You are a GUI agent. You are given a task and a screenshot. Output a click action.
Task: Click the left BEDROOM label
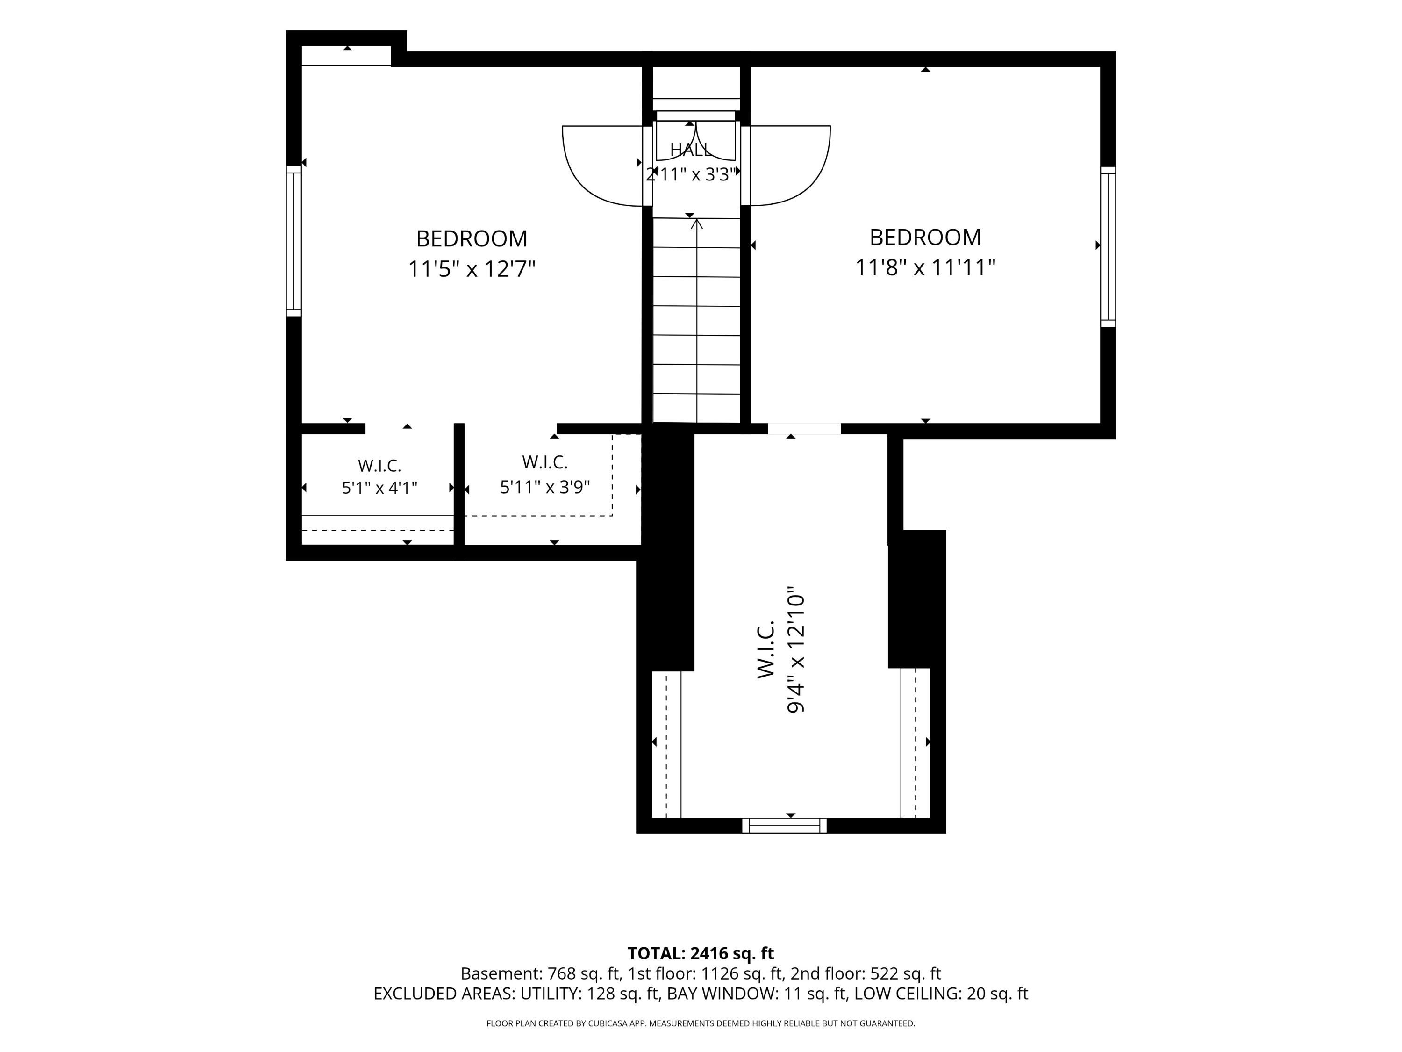(472, 239)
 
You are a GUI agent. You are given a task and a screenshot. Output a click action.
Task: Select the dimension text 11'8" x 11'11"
(925, 267)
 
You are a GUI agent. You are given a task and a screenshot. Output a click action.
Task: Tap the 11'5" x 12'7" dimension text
(472, 269)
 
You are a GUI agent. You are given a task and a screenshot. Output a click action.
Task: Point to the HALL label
(691, 150)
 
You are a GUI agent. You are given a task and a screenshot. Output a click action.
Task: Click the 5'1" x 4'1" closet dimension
(379, 488)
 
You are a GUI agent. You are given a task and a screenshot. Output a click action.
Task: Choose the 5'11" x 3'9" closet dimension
(545, 488)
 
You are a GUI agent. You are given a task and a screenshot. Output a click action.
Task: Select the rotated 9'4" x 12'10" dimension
(795, 653)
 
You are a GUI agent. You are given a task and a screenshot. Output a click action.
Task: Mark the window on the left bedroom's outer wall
(293, 241)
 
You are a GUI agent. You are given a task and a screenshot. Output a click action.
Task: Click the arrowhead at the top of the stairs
(697, 224)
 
